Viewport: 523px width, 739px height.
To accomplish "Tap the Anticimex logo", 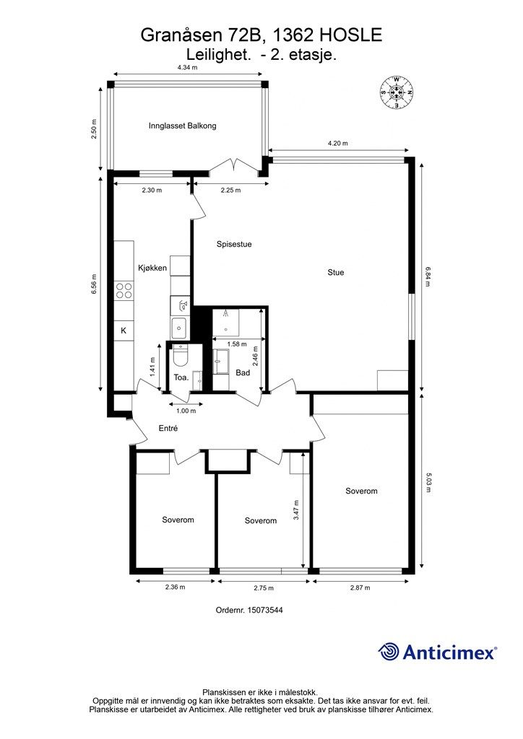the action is pos(437,652).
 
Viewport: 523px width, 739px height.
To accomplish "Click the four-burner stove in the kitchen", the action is pos(124,290).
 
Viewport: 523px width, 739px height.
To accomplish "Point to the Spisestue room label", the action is pos(234,244).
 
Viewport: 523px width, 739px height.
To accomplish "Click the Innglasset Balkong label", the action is pos(182,126).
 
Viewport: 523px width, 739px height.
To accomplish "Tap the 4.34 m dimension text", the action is pos(187,67).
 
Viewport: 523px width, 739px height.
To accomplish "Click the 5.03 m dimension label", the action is pos(428,483).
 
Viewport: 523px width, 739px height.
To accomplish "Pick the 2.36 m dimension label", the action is pos(175,587).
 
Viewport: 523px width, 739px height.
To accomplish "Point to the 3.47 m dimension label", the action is pos(296,510).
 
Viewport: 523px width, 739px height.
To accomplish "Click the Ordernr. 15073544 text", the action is pos(249,610).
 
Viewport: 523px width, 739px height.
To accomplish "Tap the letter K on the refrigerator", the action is pos(124,331).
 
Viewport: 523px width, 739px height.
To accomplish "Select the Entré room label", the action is pos(168,429).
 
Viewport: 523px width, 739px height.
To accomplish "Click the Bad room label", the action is pos(243,373).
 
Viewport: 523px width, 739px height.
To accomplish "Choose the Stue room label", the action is pos(336,272).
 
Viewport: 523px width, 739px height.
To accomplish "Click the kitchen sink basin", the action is pos(179,326).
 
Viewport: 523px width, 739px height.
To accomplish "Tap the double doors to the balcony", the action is pos(234,167).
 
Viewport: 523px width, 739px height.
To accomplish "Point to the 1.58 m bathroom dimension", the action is pos(237,344).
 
